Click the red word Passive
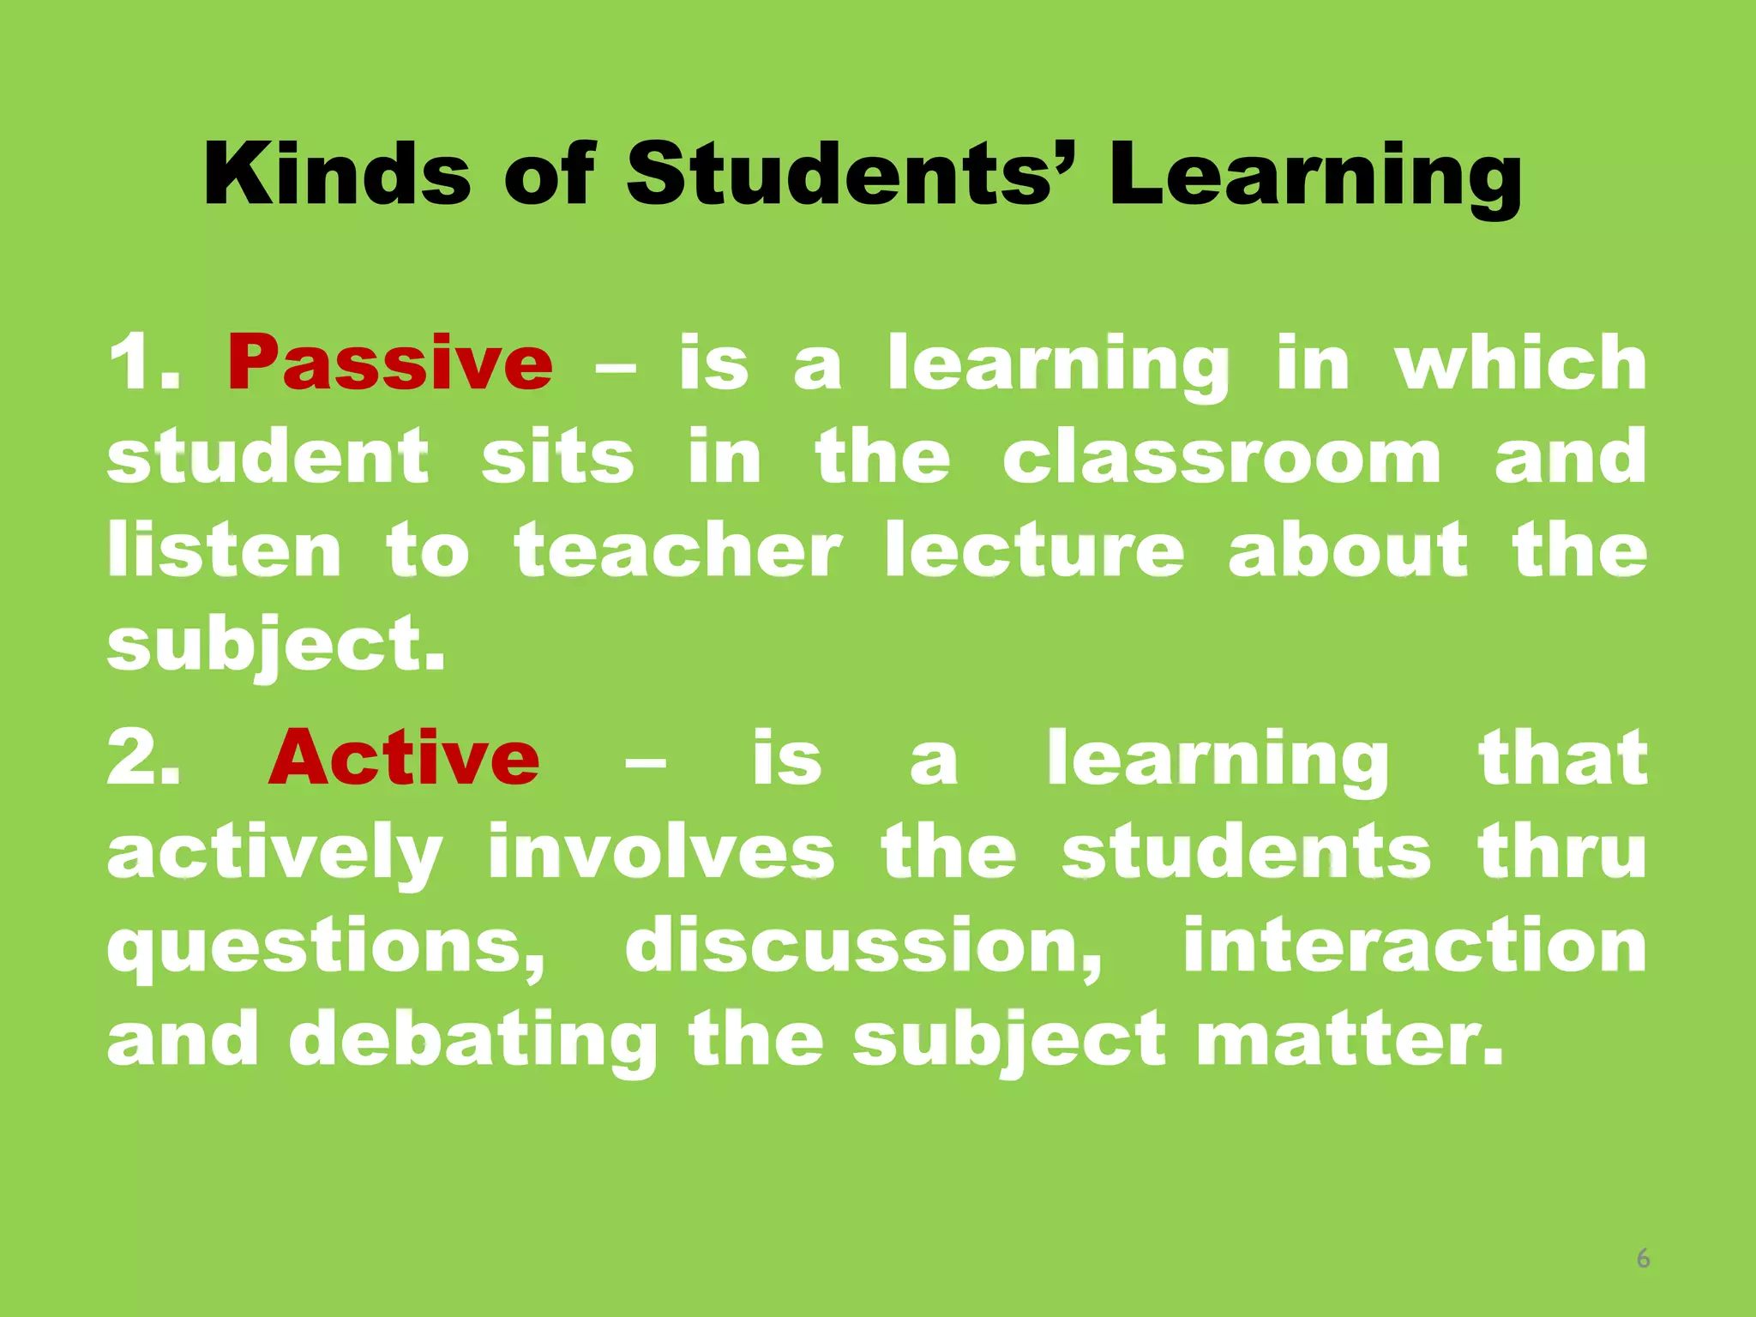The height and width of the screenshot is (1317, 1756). click(390, 364)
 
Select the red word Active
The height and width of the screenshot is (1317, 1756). click(404, 758)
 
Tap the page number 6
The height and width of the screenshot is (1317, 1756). click(1643, 1259)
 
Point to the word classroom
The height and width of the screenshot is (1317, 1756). click(1222, 457)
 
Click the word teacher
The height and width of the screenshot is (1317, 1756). click(677, 550)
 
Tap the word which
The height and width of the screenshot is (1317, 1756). click(1520, 364)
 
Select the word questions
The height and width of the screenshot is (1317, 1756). click(326, 947)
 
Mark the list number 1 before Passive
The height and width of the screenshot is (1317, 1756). click(141, 364)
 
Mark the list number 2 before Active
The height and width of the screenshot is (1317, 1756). click(141, 758)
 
